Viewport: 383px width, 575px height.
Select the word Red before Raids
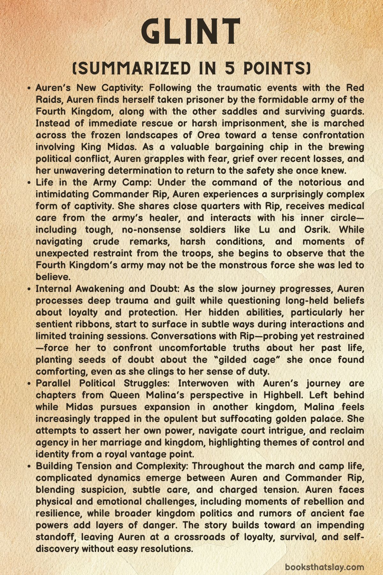(x=355, y=88)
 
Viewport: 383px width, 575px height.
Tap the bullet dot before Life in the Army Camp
(x=29, y=183)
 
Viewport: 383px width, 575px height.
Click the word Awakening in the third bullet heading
(x=99, y=289)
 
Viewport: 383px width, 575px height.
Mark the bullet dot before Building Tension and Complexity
(x=29, y=466)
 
